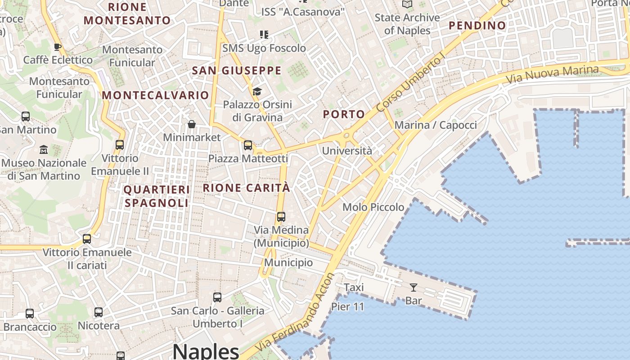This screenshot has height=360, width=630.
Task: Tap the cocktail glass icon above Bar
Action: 413,287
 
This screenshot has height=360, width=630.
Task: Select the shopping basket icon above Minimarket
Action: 192,124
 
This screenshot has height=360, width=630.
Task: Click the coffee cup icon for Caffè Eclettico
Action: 58,46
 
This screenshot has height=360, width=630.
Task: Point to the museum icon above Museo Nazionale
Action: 44,149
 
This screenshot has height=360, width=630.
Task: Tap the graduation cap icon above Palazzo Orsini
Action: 257,91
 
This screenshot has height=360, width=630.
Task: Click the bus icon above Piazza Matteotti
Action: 248,145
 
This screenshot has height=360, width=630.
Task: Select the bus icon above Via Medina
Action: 281,216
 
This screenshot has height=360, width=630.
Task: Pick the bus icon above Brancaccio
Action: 30,313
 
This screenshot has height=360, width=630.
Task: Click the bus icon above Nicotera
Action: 99,312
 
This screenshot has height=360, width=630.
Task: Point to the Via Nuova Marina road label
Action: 552,74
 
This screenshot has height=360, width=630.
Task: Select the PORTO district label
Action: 344,114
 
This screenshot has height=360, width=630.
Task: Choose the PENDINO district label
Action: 477,26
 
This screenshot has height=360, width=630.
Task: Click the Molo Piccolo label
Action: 373,207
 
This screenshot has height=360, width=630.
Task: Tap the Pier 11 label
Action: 347,306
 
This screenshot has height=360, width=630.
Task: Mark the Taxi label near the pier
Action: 354,287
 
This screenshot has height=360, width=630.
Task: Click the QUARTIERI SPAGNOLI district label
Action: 157,196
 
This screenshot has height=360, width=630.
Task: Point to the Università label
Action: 347,151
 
